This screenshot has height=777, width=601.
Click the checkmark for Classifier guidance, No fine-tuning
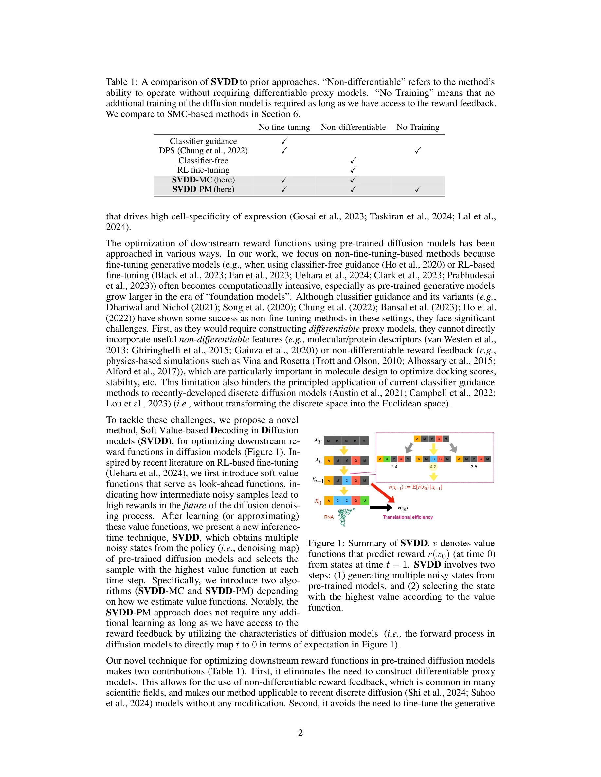coord(284,141)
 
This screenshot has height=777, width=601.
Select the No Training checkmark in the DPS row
coord(418,151)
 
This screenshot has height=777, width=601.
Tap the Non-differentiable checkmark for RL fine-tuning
coord(353,170)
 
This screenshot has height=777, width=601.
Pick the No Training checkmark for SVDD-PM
coord(418,189)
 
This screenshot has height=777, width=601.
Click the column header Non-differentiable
coord(353,127)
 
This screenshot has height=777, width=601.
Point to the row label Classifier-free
coord(203,161)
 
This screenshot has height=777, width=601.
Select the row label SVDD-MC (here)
coord(203,180)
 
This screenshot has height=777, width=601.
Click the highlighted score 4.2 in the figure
coord(433,467)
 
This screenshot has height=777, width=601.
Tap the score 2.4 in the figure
coord(394,467)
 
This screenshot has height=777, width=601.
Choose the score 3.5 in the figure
coord(474,467)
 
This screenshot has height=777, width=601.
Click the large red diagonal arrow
coord(382,492)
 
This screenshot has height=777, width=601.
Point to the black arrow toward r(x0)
coord(381,508)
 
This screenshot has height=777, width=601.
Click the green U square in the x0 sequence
coord(365,501)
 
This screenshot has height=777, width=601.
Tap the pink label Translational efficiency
coord(408,517)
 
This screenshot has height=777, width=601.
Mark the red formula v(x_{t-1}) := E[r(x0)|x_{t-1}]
coord(415,487)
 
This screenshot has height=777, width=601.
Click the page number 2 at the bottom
coord(300,733)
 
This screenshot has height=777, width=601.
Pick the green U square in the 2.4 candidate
coord(387,459)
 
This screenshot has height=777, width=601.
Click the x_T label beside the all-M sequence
coord(318,440)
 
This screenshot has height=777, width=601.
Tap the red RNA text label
coord(329,517)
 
